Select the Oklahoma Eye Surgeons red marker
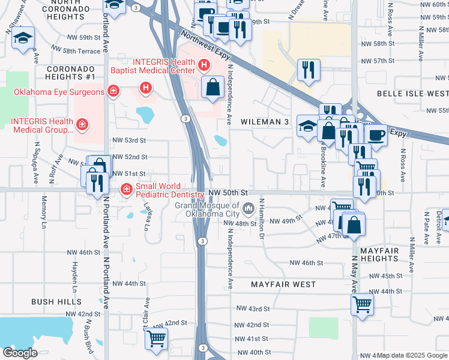coord(112,91)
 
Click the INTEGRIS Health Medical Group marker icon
coord(82,125)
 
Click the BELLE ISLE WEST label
coord(412,94)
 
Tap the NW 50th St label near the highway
coord(228,193)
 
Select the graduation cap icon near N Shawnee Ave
coord(24,39)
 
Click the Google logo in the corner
coord(20,353)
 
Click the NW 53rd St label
coord(130,140)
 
